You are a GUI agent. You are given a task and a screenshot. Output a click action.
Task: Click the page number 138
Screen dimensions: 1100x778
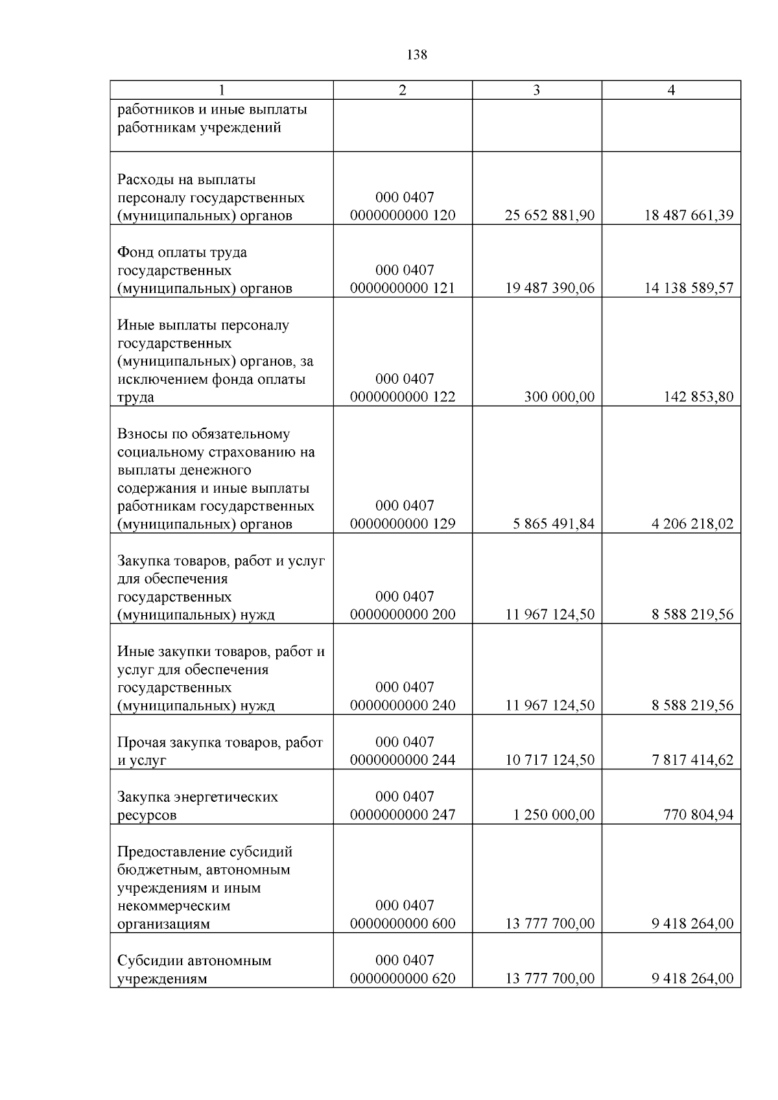pos(417,55)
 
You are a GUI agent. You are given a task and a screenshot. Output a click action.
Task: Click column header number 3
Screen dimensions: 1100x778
pos(536,91)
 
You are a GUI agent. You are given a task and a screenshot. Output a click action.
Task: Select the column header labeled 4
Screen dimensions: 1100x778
pos(671,91)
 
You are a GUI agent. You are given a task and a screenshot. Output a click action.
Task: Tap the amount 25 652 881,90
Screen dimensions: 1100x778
pos(549,216)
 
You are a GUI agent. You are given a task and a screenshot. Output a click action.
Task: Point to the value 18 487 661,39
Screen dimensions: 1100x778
pos(689,216)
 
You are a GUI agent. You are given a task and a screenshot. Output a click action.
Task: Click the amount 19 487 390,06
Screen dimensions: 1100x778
pos(549,288)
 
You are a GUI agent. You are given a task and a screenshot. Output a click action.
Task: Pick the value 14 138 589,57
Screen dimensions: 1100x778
pos(689,288)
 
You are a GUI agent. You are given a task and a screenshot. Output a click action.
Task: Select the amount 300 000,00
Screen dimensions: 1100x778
pos(559,397)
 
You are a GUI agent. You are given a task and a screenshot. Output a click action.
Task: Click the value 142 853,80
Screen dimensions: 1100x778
pos(698,397)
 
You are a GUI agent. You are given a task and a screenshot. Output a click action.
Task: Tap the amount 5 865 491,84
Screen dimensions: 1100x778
pos(553,524)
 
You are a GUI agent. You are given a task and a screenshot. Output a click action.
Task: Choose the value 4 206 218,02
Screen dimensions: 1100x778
pos(692,524)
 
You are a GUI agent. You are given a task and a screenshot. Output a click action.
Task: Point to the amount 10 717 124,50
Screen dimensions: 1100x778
pos(549,760)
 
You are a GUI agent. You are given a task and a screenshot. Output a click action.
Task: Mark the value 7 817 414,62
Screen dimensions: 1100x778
pos(692,760)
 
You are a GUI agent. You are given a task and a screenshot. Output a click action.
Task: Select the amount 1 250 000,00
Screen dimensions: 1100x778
pos(553,815)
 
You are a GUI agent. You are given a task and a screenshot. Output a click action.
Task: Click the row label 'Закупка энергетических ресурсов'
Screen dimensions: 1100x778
pos(197,806)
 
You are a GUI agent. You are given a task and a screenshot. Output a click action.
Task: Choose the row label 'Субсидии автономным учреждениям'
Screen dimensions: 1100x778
pos(194,970)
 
